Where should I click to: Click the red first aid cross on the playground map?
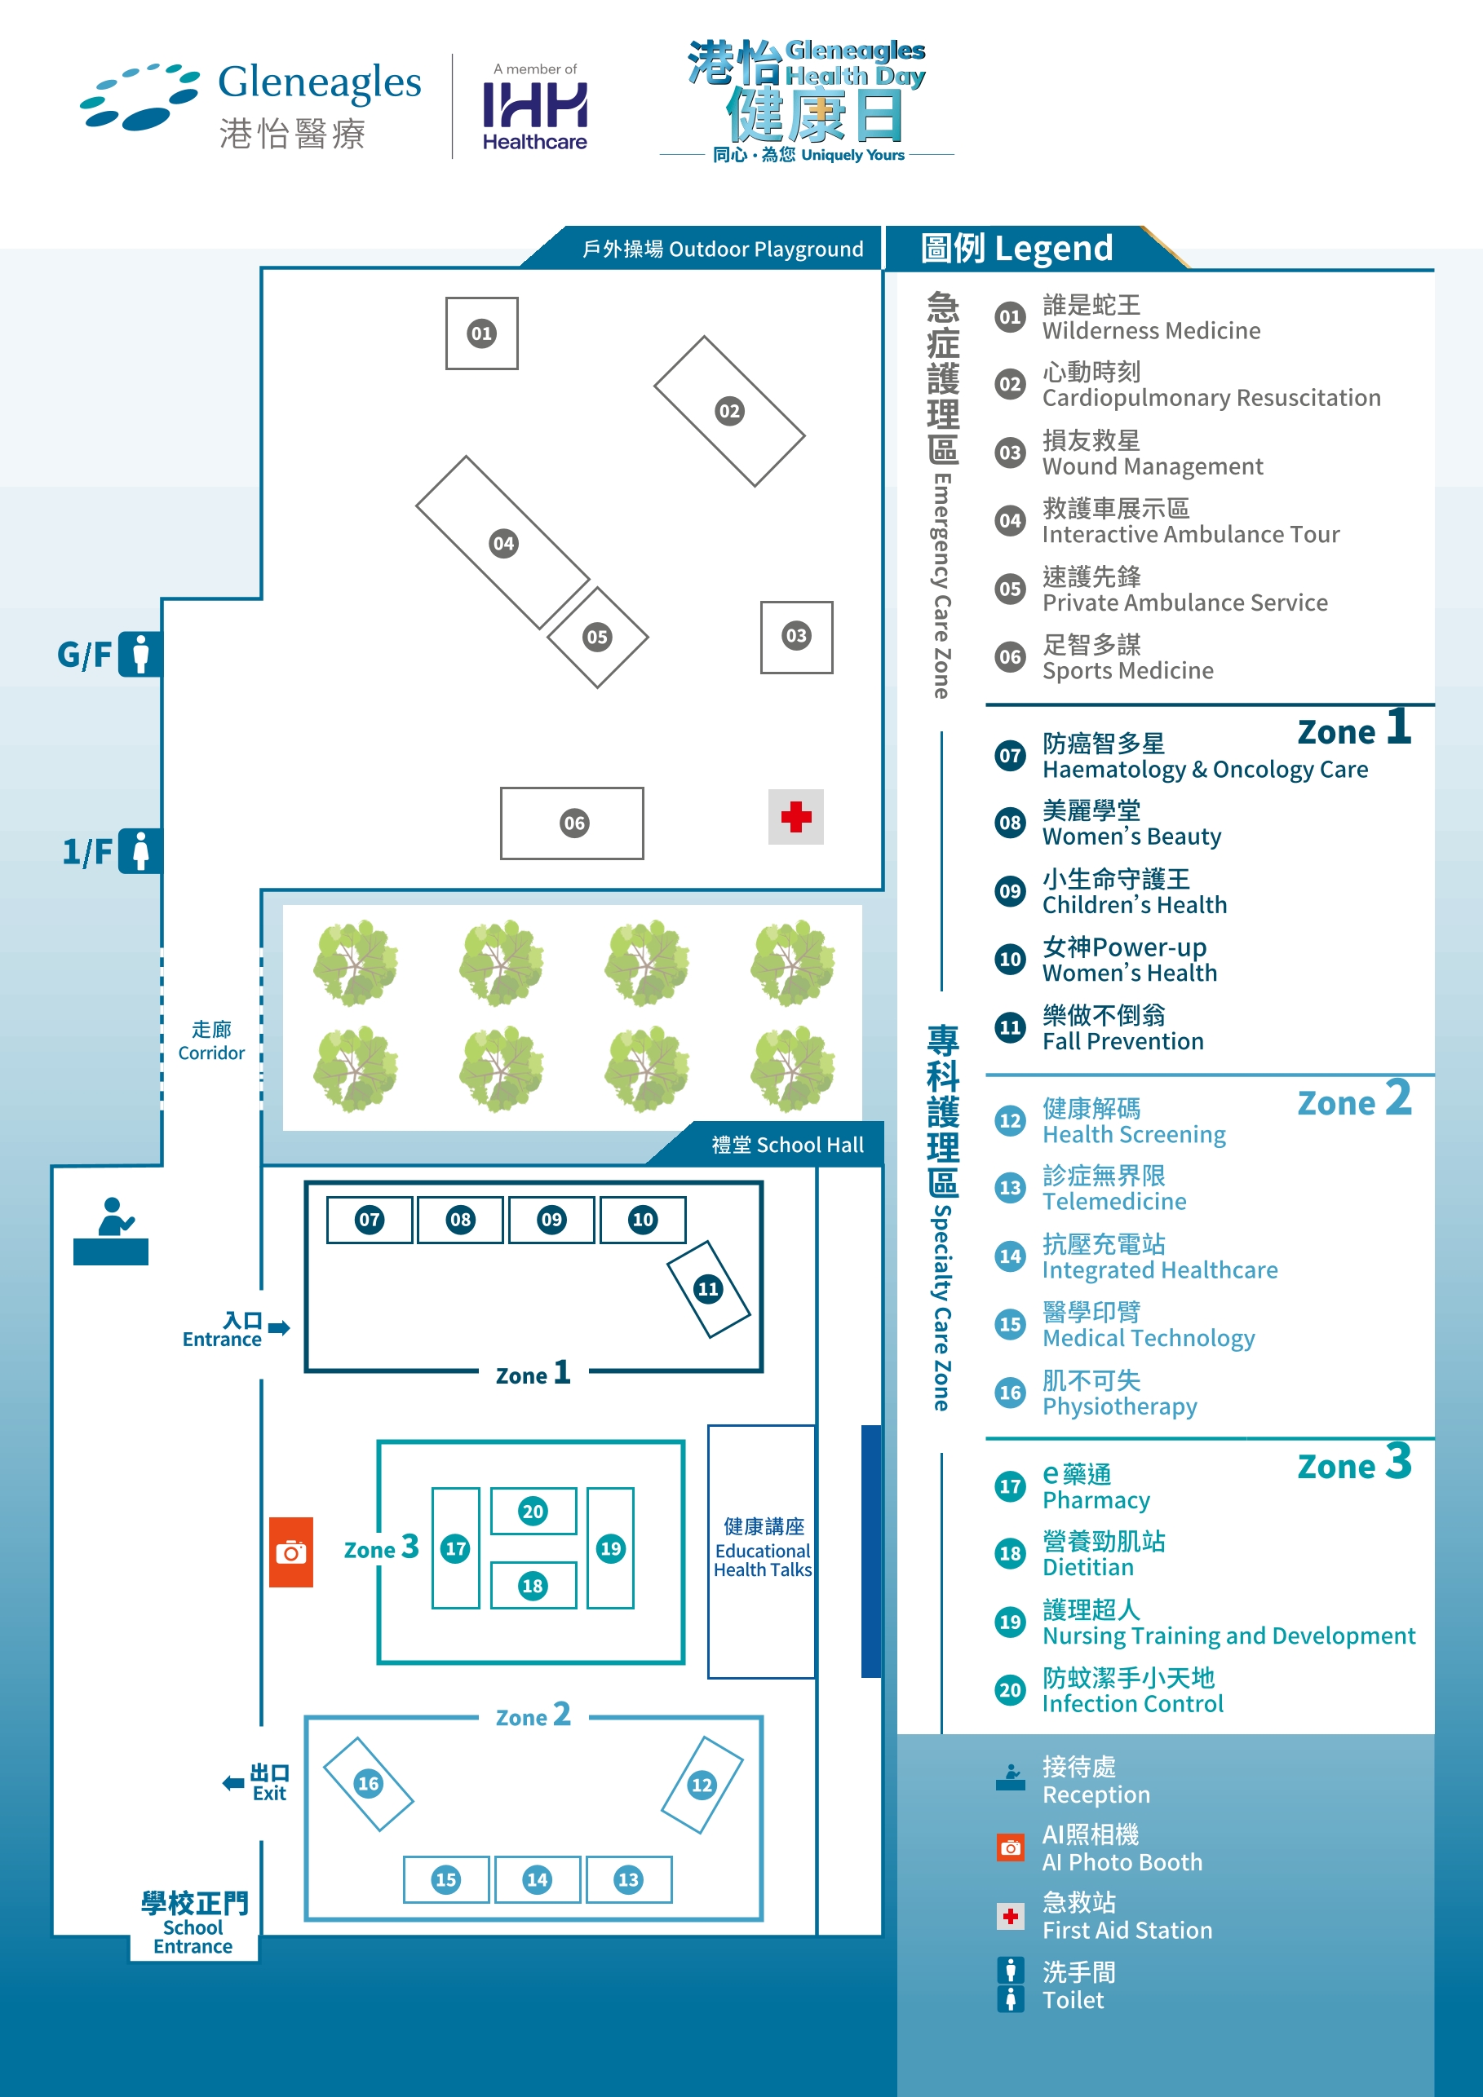click(x=796, y=816)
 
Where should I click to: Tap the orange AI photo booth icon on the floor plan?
click(x=290, y=1552)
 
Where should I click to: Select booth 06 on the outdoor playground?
click(x=572, y=823)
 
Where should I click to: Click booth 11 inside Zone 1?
click(x=708, y=1289)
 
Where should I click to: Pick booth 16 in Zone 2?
click(x=368, y=1783)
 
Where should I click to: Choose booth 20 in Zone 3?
click(x=533, y=1511)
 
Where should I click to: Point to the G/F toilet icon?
click(x=139, y=654)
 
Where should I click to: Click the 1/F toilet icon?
click(x=139, y=851)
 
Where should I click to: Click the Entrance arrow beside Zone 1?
click(x=280, y=1327)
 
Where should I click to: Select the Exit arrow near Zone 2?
click(x=233, y=1782)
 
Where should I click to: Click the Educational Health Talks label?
click(x=762, y=1549)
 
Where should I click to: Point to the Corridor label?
click(x=211, y=1041)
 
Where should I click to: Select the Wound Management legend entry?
click(x=1153, y=454)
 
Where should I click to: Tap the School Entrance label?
click(x=193, y=1923)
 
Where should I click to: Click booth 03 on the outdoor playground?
click(x=796, y=637)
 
